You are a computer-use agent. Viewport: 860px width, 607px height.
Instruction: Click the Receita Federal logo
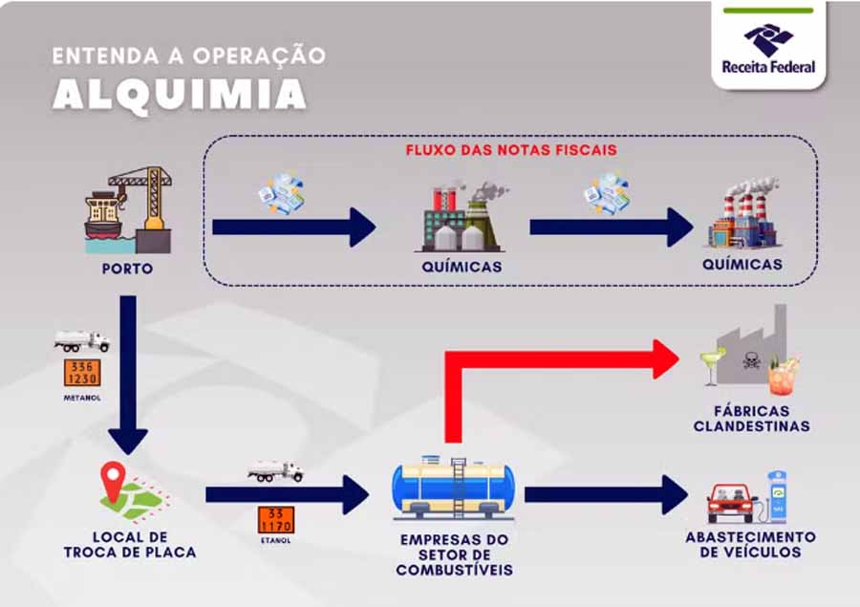(768, 48)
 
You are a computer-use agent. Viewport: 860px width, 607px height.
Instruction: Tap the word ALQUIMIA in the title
(180, 94)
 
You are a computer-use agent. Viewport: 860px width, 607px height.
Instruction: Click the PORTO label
(127, 269)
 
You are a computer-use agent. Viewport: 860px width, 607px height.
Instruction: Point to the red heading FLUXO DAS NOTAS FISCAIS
(511, 150)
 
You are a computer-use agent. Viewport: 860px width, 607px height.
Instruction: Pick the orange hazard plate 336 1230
(82, 372)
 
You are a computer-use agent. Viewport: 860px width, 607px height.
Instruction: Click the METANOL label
(82, 397)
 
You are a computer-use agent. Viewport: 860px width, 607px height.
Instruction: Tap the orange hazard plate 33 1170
(275, 519)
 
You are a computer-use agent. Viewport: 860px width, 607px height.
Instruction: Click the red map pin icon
(114, 477)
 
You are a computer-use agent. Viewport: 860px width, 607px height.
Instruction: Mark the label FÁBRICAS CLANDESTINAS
(751, 419)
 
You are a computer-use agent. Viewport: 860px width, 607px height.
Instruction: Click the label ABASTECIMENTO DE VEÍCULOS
(750, 544)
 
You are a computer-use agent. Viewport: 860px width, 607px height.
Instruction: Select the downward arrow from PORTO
(127, 373)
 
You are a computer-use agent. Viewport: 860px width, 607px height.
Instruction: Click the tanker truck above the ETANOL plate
(275, 471)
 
